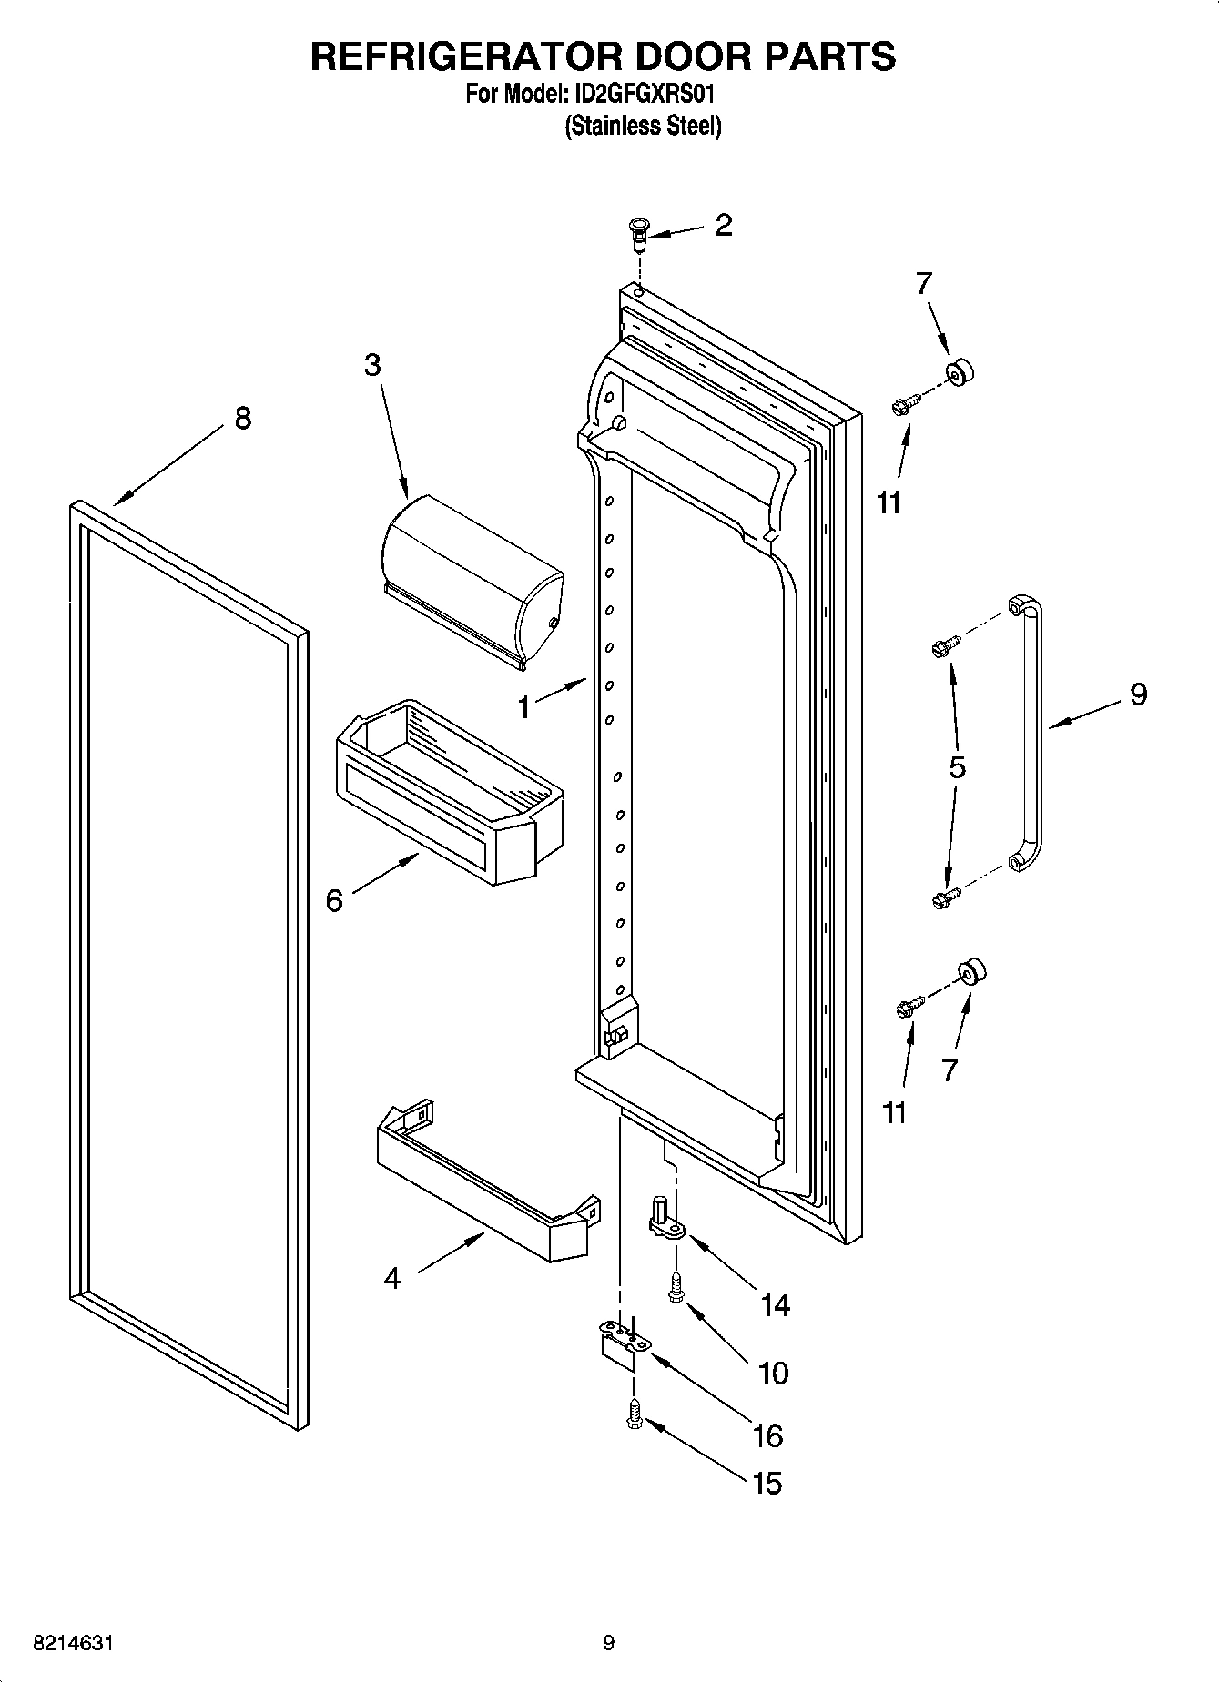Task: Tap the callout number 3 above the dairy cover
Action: click(x=371, y=365)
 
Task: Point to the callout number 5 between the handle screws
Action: click(x=957, y=767)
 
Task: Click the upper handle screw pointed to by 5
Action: click(x=941, y=648)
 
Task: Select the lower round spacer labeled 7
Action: click(x=972, y=972)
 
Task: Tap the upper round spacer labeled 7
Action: click(x=960, y=372)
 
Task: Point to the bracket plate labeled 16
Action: click(x=624, y=1343)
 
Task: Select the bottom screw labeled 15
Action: click(x=635, y=1414)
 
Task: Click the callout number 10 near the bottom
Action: click(x=773, y=1372)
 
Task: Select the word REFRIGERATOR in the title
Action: click(x=464, y=56)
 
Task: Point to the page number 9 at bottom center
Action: click(x=608, y=1643)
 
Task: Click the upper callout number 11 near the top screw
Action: click(x=889, y=502)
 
